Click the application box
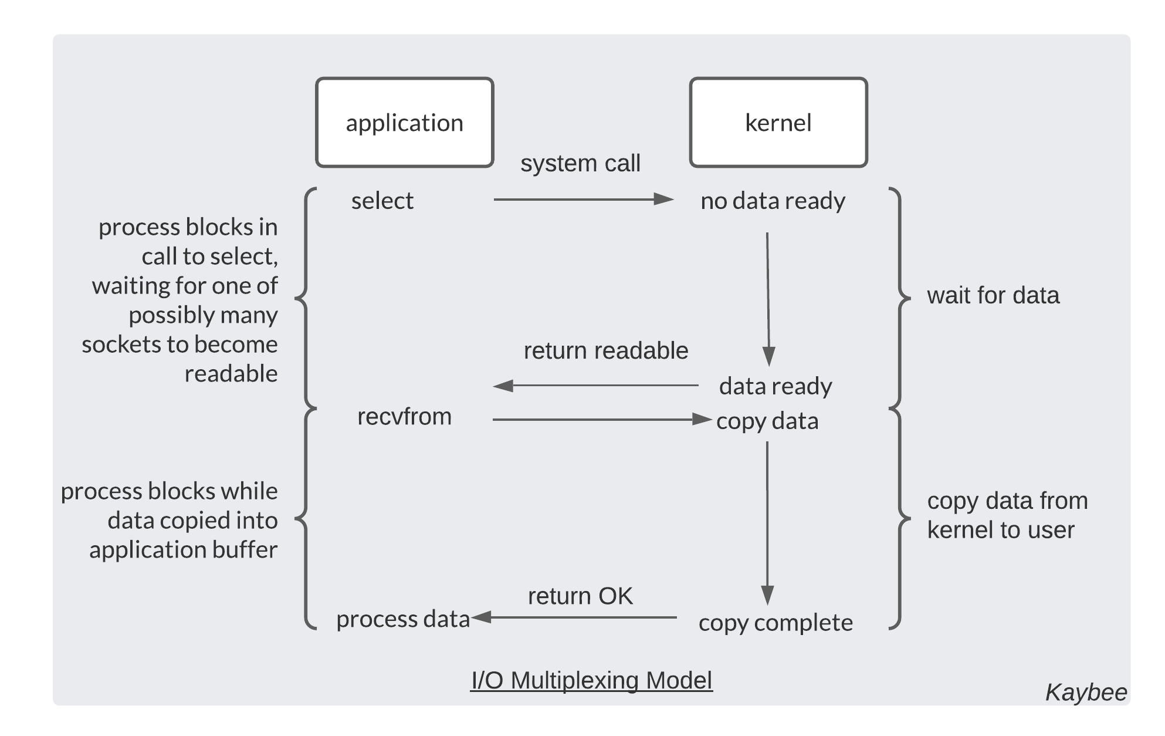[x=404, y=123]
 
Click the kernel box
[x=778, y=123]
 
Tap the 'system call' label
[x=580, y=163]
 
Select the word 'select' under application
[x=382, y=201]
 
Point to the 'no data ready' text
[x=773, y=201]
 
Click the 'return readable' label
[x=605, y=350]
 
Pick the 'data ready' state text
[x=775, y=386]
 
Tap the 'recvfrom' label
[x=404, y=417]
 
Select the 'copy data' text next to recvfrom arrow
[x=767, y=421]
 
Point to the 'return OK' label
[x=580, y=596]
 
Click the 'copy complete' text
[x=775, y=623]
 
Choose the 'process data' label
[x=402, y=619]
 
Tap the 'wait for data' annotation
[x=993, y=295]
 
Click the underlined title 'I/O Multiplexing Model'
[x=591, y=680]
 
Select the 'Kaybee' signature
[x=1086, y=693]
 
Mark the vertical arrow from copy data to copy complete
[x=767, y=522]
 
